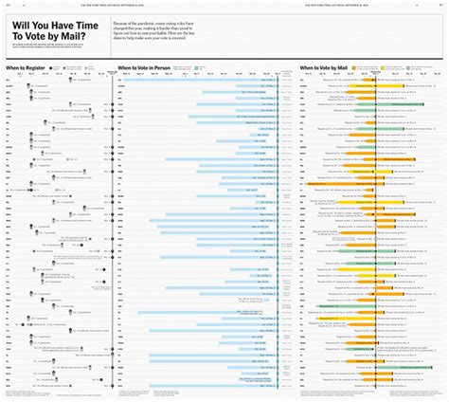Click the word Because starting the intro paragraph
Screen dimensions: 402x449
[122, 18]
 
